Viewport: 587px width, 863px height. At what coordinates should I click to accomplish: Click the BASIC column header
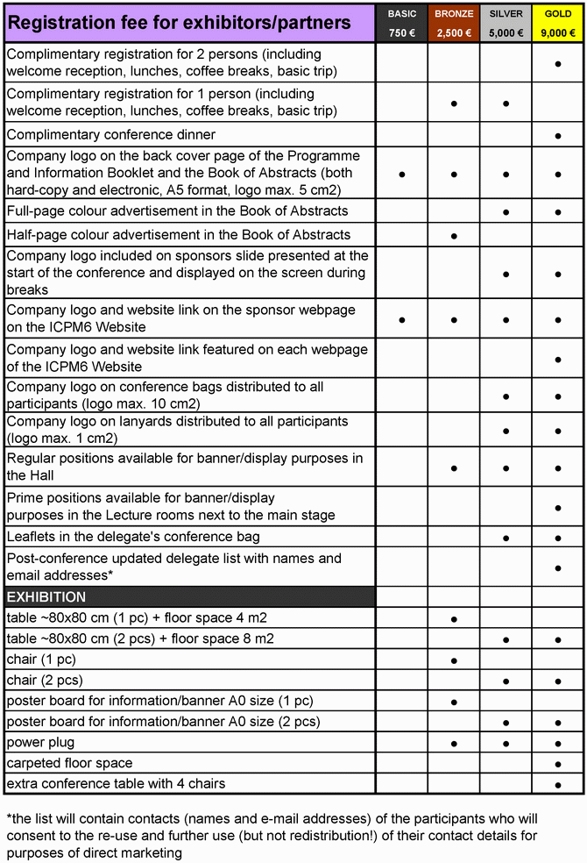point(402,14)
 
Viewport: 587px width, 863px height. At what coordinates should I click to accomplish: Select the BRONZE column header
point(454,14)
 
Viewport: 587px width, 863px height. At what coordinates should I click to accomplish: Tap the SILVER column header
point(506,14)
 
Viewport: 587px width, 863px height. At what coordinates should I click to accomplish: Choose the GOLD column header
point(558,14)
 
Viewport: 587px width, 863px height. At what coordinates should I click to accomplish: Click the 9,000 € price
point(558,33)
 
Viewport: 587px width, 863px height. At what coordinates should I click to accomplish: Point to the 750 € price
point(402,33)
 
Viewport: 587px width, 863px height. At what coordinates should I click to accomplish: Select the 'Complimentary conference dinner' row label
point(110,134)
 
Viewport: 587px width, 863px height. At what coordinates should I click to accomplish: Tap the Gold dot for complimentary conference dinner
point(558,136)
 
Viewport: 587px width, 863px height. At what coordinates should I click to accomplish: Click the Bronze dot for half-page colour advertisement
point(454,236)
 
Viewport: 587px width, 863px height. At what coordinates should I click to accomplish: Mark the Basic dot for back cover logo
point(402,175)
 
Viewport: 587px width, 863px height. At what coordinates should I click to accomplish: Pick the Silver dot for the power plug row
point(506,744)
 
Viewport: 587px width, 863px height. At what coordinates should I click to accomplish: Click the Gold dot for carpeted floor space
point(558,764)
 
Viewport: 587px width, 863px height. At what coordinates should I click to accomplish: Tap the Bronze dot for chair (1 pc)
point(454,660)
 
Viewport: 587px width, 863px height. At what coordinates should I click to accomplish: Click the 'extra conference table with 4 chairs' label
point(116,783)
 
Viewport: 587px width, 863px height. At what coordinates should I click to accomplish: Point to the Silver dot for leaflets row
point(506,538)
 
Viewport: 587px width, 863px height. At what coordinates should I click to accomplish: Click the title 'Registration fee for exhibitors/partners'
point(179,23)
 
